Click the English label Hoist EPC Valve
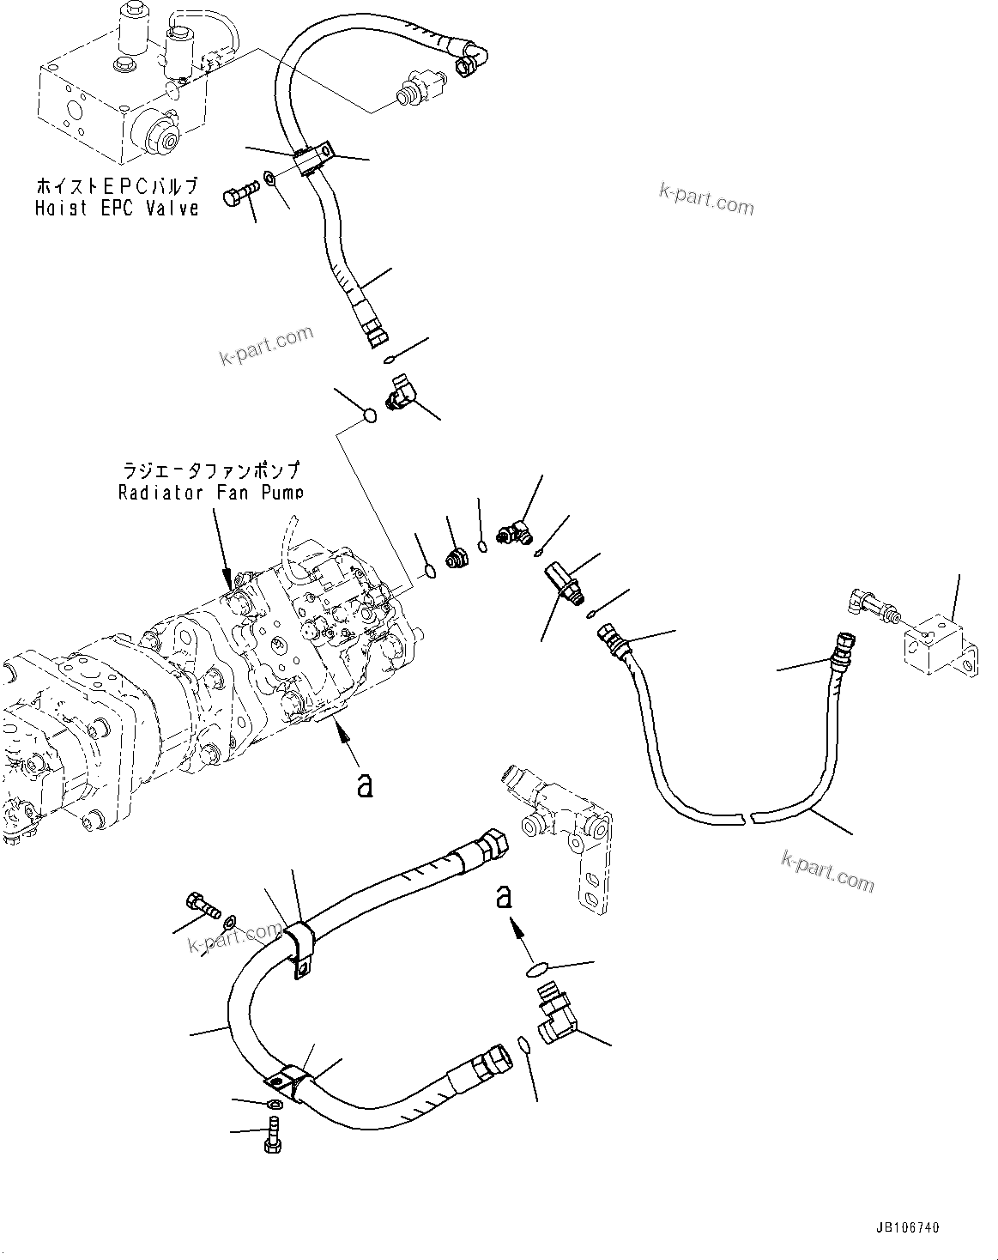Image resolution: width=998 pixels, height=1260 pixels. (x=117, y=208)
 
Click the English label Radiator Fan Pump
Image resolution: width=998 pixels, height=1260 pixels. (x=210, y=493)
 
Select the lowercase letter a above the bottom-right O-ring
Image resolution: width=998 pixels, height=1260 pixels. (x=505, y=897)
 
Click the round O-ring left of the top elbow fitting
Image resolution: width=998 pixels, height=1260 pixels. (x=369, y=415)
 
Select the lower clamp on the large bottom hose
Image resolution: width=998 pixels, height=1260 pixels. (x=291, y=1083)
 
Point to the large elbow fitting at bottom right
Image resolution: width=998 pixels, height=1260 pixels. (x=553, y=1016)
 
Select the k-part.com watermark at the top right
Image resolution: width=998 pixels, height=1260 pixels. (x=705, y=200)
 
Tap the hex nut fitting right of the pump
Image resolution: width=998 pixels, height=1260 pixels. (x=454, y=558)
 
